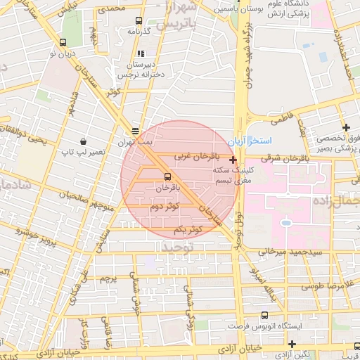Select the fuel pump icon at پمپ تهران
tap(135, 131)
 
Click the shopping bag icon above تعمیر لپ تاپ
tap(84, 141)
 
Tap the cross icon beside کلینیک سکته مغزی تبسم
tap(233, 160)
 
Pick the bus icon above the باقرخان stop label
tap(167, 177)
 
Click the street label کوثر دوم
tap(163, 206)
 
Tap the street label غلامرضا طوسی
tap(320, 286)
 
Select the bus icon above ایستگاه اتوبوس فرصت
tap(264, 315)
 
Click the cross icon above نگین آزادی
tap(292, 343)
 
